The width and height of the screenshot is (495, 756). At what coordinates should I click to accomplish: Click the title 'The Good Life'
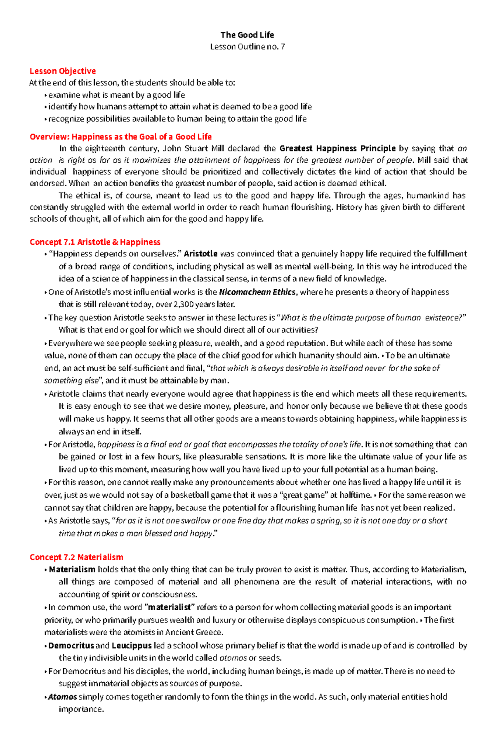click(x=247, y=35)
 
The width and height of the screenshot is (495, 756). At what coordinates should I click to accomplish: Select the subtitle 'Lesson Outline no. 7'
click(x=247, y=47)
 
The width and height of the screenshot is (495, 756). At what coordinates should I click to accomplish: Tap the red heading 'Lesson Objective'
click(x=63, y=71)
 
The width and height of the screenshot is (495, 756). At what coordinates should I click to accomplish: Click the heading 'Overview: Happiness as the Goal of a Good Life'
click(x=120, y=136)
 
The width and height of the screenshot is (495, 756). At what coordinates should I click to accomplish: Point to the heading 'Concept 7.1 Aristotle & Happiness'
click(x=95, y=242)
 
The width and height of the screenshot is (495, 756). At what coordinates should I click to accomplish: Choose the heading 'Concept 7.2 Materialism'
click(x=76, y=557)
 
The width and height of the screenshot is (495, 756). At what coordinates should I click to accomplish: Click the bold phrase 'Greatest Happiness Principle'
click(x=337, y=148)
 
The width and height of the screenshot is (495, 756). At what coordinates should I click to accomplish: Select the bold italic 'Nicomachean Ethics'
click(x=257, y=292)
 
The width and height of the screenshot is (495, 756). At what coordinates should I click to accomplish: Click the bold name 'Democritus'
click(x=71, y=646)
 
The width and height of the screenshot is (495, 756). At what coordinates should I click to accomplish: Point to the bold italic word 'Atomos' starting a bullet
click(x=62, y=697)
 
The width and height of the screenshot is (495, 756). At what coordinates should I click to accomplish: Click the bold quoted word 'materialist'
click(x=170, y=607)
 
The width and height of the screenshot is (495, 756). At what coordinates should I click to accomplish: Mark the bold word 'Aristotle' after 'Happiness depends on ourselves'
click(x=200, y=254)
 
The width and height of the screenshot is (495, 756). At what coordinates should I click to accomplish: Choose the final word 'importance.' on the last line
click(x=81, y=709)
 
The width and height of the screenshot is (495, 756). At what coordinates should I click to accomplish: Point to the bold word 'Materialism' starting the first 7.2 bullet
click(x=72, y=569)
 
